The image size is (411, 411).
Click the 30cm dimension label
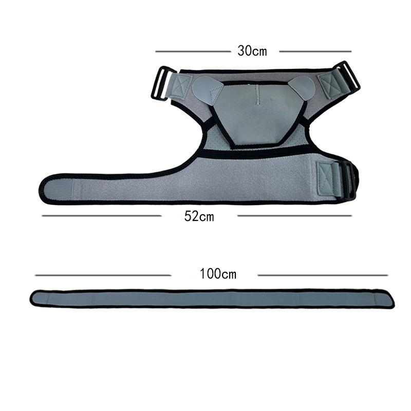point(252,51)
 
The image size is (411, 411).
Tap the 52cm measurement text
point(199,216)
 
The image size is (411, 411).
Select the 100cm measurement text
point(218,274)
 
